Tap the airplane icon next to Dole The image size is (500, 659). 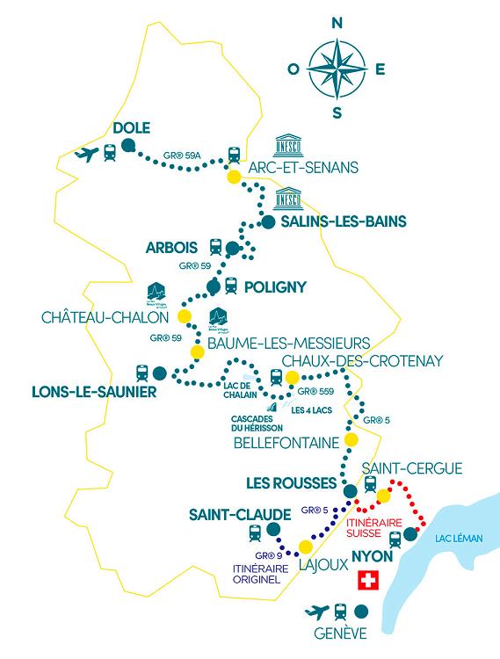coord(86,155)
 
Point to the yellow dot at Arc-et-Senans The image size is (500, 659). coord(234,177)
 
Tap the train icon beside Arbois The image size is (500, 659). coord(216,247)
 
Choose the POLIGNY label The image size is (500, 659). coord(276,286)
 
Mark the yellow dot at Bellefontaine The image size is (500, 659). coord(351,440)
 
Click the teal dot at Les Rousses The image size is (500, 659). coord(350,491)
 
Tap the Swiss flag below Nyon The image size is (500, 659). coord(369,582)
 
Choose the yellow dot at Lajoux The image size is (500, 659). coord(306,547)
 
